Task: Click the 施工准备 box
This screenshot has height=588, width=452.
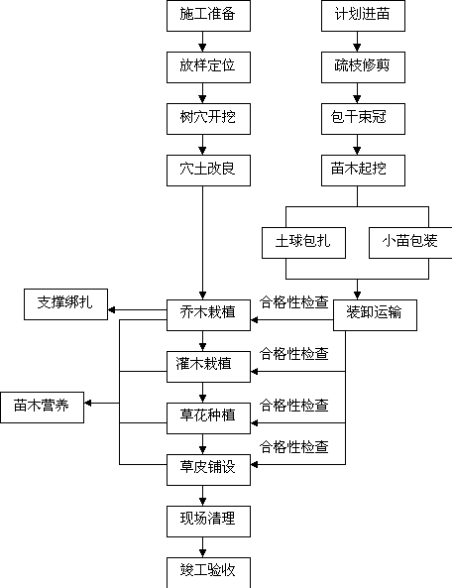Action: (x=208, y=16)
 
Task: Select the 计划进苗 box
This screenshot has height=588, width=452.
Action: (x=363, y=16)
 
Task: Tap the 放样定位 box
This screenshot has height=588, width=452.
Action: (x=208, y=67)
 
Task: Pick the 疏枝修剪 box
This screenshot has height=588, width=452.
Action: (x=363, y=67)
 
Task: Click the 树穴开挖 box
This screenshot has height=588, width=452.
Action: (x=208, y=119)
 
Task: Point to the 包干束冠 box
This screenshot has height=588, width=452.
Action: (x=363, y=119)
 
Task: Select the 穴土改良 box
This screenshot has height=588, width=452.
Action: (x=208, y=171)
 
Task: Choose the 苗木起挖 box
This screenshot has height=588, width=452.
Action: (x=363, y=171)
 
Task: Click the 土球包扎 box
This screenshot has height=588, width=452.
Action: (x=303, y=243)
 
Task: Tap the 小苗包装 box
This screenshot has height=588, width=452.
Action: (x=410, y=243)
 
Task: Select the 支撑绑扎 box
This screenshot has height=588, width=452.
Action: (x=65, y=304)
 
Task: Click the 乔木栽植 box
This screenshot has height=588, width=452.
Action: (x=208, y=315)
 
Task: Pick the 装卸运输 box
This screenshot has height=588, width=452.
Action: (x=375, y=315)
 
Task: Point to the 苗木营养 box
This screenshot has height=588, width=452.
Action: (x=42, y=408)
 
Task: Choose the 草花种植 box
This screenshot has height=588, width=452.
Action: (x=208, y=418)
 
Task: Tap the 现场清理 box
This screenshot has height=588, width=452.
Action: (x=208, y=522)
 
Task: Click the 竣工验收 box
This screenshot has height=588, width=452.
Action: (x=208, y=572)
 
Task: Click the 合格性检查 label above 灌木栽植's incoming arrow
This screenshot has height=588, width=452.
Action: (x=294, y=354)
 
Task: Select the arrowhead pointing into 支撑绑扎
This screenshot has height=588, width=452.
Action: (x=111, y=309)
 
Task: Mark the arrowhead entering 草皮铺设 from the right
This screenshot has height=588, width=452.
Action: (x=254, y=464)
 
